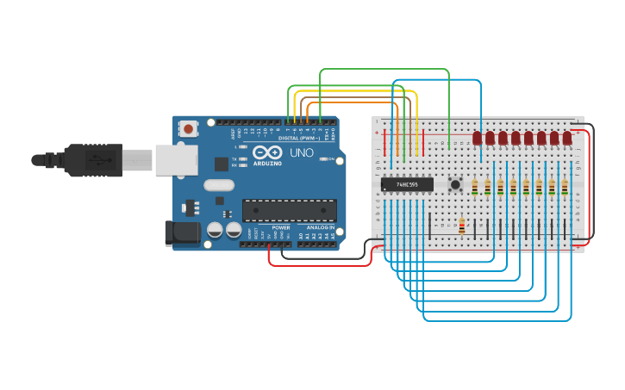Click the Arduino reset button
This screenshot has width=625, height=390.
tap(188, 129)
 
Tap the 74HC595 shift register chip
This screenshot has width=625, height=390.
tap(407, 184)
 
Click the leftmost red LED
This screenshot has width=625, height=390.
tap(477, 138)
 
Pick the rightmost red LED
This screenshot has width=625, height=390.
tap(567, 138)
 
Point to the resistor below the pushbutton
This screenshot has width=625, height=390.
tap(462, 226)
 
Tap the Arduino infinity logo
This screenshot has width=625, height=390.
tap(267, 152)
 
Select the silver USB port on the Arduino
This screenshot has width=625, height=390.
tap(176, 159)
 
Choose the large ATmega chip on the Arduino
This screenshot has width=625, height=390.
tap(289, 210)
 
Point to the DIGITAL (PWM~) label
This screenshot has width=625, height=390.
tap(299, 138)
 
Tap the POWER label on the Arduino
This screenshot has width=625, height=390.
tap(281, 227)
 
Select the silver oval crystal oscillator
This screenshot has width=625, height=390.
tap(219, 184)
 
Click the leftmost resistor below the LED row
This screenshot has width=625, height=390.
tap(475, 187)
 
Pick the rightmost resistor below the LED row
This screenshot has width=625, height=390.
tap(565, 187)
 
